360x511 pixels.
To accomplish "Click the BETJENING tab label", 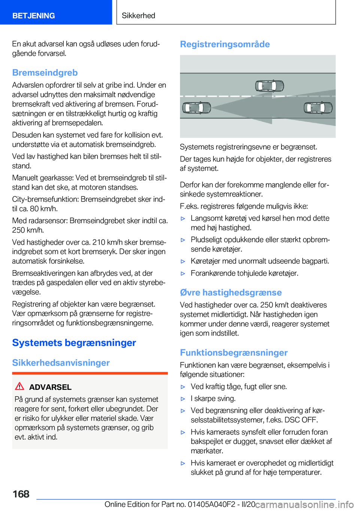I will [33, 16].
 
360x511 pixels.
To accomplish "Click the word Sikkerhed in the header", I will [138, 16].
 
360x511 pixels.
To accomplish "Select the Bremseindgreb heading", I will [45, 73].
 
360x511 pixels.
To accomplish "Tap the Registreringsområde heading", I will [225, 44].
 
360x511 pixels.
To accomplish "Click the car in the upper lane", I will [269, 86].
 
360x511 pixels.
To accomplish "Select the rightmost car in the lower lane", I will [318, 108].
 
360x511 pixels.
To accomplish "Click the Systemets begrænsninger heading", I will [74, 343].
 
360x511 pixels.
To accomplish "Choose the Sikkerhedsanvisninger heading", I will [61, 363].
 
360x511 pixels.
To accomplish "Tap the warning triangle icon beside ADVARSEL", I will [19, 386].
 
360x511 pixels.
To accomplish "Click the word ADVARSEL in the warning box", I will [50, 387].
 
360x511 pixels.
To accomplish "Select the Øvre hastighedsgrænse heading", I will [231, 293].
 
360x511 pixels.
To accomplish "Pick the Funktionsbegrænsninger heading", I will [234, 353].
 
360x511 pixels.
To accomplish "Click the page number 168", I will [21, 494].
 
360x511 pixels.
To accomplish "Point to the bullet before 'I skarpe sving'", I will [183, 399].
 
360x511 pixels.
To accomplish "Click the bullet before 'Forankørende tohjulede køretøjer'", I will [183, 274].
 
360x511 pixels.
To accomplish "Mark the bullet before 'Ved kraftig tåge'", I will [183, 387].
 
